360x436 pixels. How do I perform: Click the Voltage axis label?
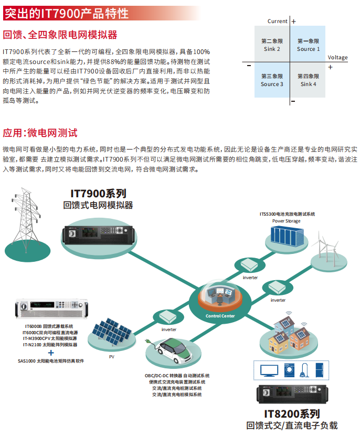pyautogui.click(x=337, y=57)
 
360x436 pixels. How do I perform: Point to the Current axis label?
pyautogui.click(x=277, y=22)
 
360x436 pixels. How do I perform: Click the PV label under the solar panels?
pyautogui.click(x=111, y=357)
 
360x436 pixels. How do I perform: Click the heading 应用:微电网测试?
pyautogui.click(x=40, y=132)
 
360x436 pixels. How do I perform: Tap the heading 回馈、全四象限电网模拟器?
pyautogui.click(x=60, y=35)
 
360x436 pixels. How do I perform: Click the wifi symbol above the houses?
pyautogui.click(x=288, y=316)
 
